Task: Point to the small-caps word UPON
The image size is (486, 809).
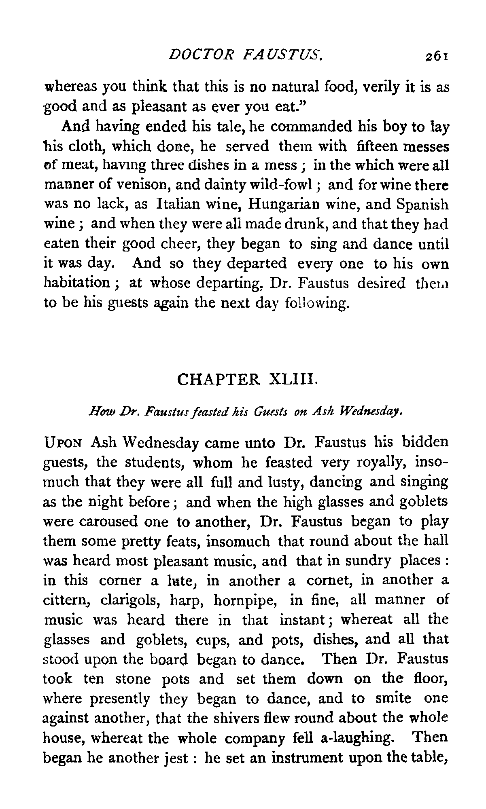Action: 63,443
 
